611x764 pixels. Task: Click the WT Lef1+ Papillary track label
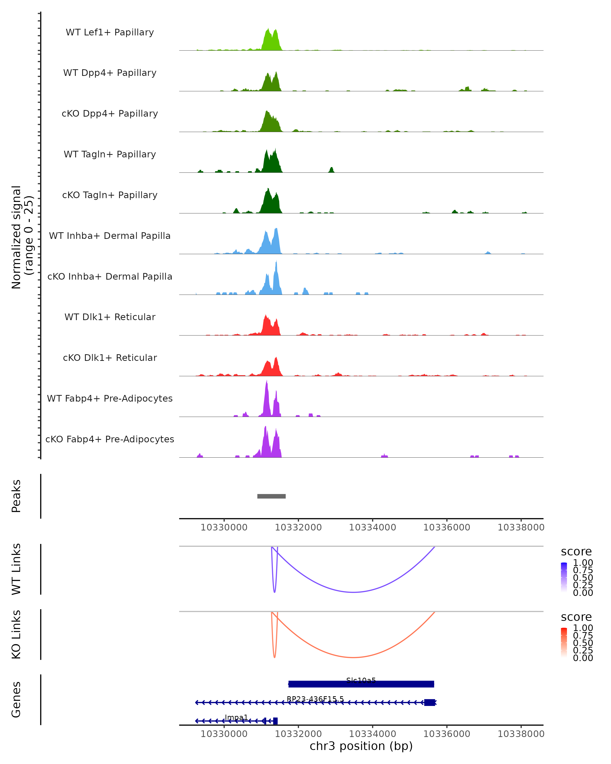click(x=110, y=32)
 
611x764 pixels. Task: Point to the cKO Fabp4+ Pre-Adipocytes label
click(x=110, y=439)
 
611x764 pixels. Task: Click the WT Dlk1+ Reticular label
click(x=110, y=317)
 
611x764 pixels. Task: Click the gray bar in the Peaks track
click(x=271, y=496)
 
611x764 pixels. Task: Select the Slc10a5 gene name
click(x=361, y=680)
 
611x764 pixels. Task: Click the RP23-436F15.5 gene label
click(x=315, y=699)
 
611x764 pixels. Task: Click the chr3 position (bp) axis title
click(x=361, y=746)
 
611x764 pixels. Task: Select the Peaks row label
click(x=16, y=496)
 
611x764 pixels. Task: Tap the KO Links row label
click(x=16, y=635)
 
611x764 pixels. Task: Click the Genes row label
click(x=16, y=700)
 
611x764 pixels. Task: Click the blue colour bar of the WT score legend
click(x=564, y=577)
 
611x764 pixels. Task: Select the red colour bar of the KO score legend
click(x=564, y=642)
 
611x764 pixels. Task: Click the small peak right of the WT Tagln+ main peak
click(x=331, y=170)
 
